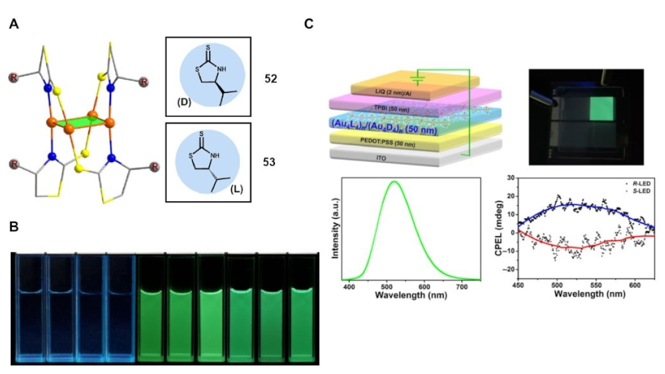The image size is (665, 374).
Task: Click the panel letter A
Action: point(15,25)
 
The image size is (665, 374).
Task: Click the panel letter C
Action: point(308,25)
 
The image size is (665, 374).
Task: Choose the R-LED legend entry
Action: point(637,183)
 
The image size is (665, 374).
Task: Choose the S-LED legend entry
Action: point(637,191)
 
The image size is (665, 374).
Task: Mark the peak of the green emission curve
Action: point(395,182)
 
